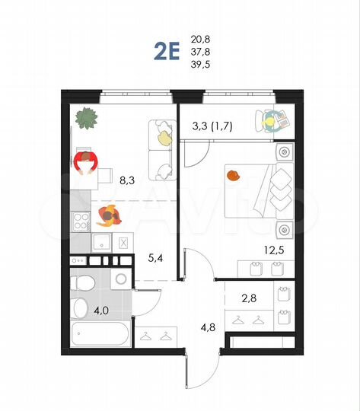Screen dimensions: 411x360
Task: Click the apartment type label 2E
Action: [x=167, y=51]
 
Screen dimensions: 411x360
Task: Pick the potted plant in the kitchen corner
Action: [x=87, y=118]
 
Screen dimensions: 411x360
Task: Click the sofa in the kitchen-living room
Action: [x=161, y=145]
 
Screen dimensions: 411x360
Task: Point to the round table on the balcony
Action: [x=269, y=119]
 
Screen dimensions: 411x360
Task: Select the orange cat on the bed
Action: [x=233, y=176]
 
